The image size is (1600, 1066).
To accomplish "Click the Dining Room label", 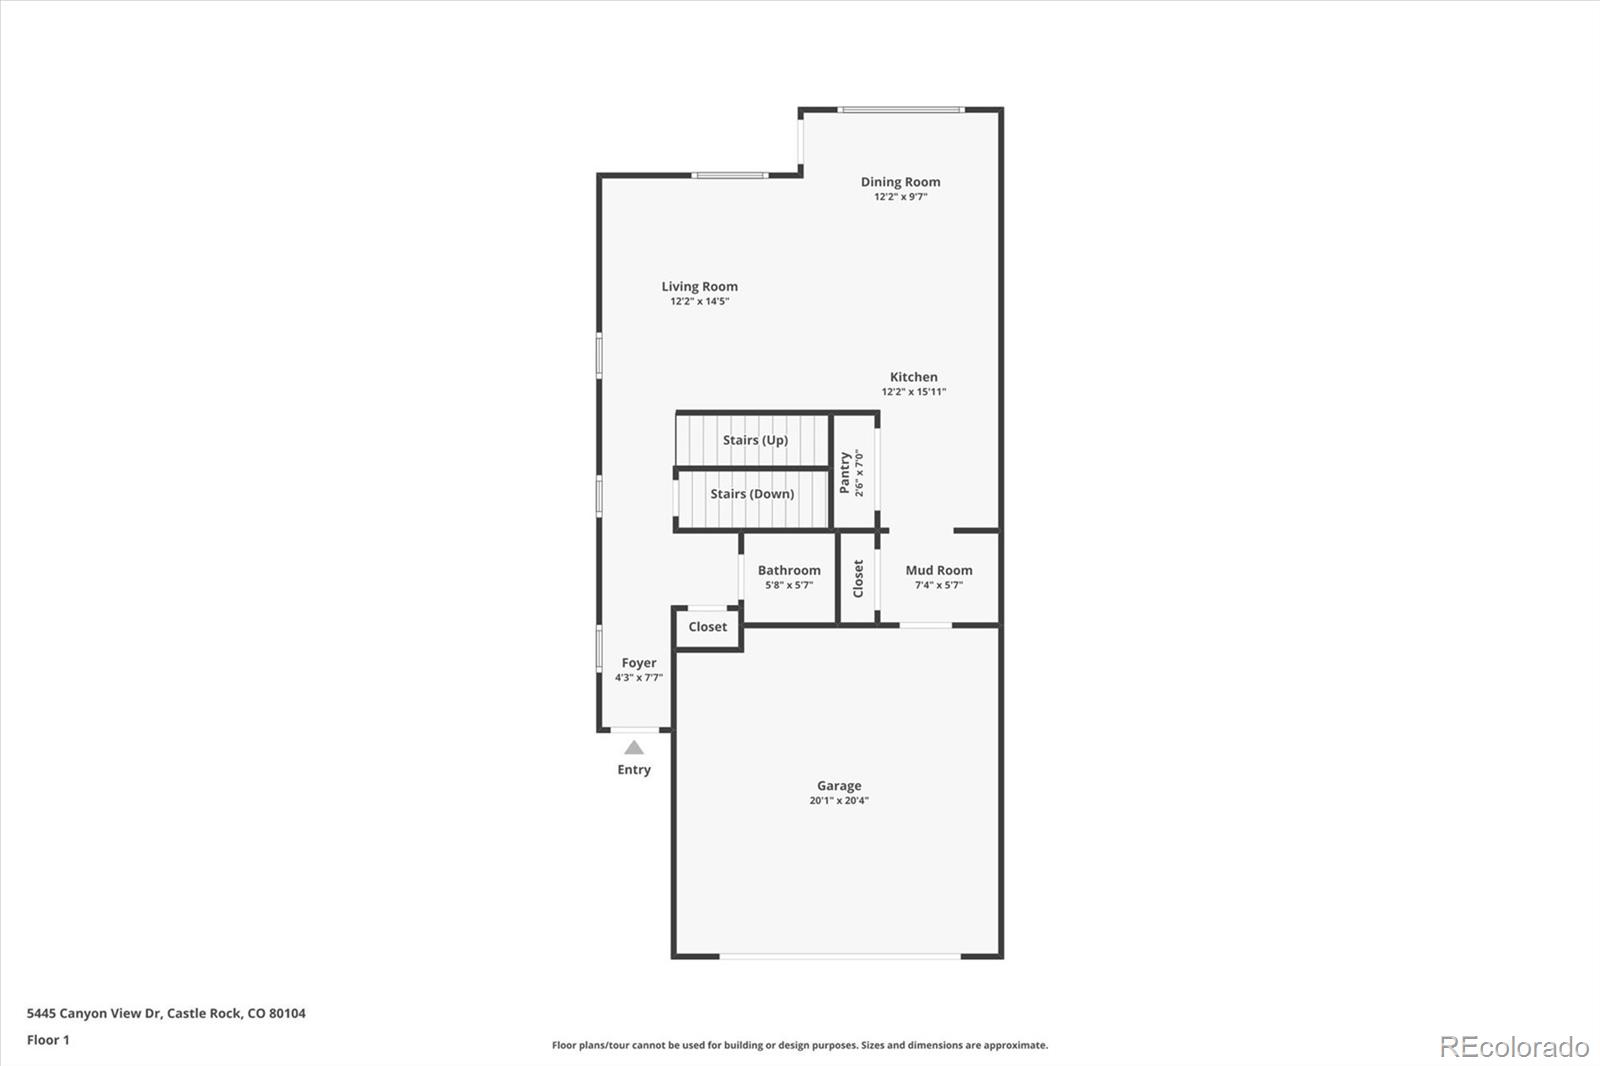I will [x=900, y=182].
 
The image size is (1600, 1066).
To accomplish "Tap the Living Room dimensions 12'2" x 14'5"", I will [x=699, y=301].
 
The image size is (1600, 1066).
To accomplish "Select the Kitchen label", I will [x=913, y=377].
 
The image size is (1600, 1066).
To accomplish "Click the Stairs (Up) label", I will [x=755, y=440].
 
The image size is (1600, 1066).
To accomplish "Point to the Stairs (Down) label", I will [x=752, y=494].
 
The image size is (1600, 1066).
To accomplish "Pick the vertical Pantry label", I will [x=845, y=472].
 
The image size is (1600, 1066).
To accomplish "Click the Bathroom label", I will [x=789, y=570].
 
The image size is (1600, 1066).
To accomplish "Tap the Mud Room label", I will [x=938, y=570].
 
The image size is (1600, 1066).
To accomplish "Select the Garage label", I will [x=838, y=786].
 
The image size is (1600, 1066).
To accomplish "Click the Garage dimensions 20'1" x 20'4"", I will [x=838, y=800].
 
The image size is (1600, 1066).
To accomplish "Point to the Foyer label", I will [x=638, y=663].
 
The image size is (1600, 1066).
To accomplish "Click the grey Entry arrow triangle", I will [x=634, y=747].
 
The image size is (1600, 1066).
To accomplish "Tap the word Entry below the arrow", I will [x=634, y=769].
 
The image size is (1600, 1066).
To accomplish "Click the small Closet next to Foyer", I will [x=707, y=627].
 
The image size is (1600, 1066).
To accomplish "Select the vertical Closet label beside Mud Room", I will [x=858, y=579].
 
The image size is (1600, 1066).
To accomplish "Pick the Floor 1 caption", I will [x=48, y=1040].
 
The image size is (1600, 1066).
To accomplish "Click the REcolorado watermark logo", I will [x=1513, y=1046].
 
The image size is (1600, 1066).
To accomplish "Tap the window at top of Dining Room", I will [x=900, y=109].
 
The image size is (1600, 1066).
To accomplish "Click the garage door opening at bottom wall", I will [x=840, y=956].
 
